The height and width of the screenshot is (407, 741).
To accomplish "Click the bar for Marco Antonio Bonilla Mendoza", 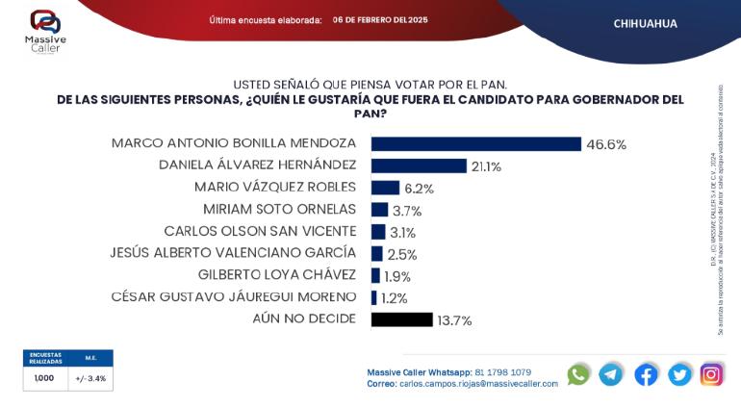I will [x=475, y=144].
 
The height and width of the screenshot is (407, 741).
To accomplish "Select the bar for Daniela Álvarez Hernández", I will [x=419, y=165].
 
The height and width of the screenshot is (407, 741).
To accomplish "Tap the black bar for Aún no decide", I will [x=401, y=319].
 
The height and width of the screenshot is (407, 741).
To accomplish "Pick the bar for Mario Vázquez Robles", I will [x=385, y=188].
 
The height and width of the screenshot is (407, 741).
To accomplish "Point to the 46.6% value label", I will [x=607, y=144].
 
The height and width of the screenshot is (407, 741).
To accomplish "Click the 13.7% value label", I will [x=454, y=320].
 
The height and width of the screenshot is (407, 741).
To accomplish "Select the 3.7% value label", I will [x=407, y=210].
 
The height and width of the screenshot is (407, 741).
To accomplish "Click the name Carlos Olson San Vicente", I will [x=260, y=231].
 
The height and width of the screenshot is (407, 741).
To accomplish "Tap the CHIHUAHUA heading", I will [x=645, y=22].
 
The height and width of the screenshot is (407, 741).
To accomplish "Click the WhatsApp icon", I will [x=578, y=374].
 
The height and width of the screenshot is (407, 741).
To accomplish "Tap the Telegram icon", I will [x=611, y=374].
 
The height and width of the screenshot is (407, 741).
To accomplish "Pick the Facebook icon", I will [x=646, y=374].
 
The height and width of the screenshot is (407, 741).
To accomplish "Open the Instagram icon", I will [x=711, y=374].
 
